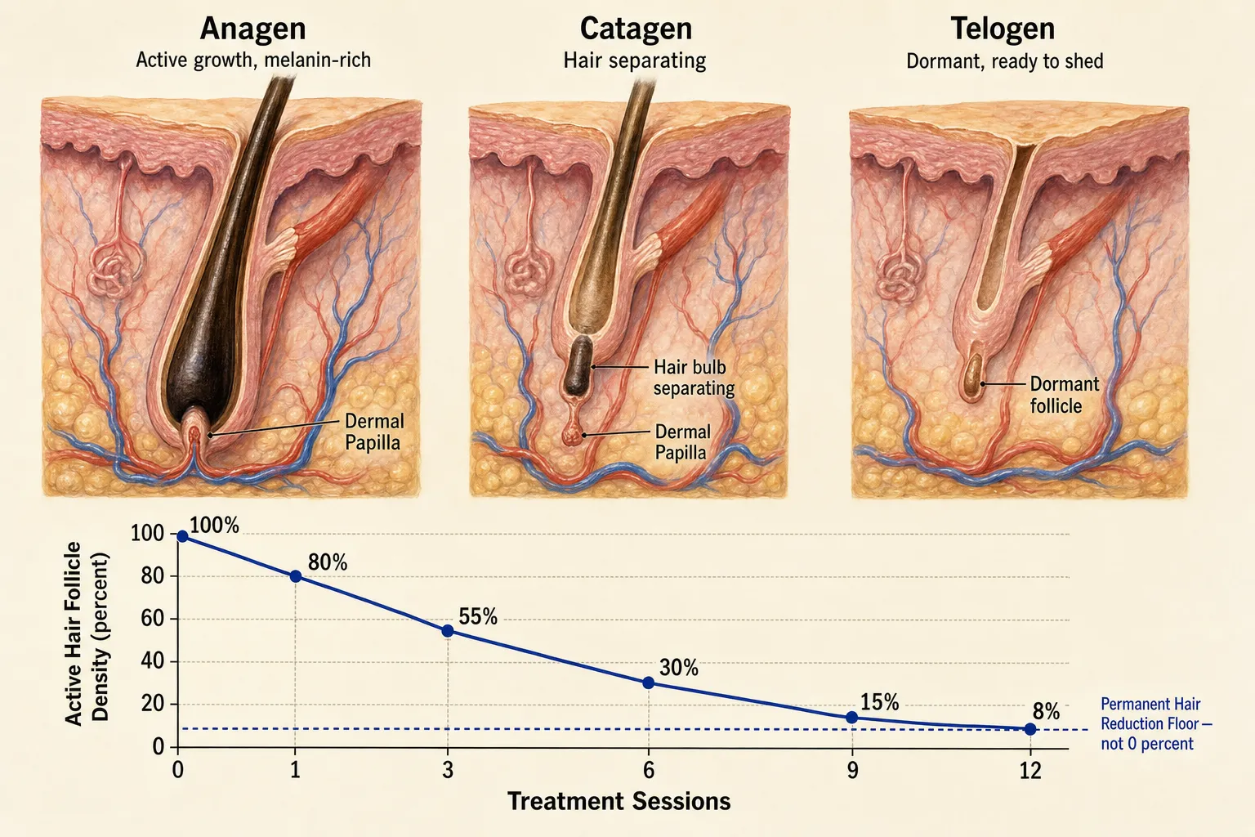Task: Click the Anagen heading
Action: [x=252, y=28]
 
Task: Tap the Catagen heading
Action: [x=636, y=28]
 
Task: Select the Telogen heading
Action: [x=1003, y=28]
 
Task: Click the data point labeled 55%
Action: [x=448, y=631]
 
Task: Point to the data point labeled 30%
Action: [x=648, y=683]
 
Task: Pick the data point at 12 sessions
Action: [x=1029, y=729]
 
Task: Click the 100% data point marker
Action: [x=182, y=536]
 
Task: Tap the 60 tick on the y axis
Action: [x=152, y=619]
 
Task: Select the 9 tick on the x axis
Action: [x=852, y=771]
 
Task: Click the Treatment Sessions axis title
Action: [x=619, y=801]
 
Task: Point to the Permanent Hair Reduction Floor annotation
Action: [x=1156, y=723]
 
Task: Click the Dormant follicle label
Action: [x=1064, y=395]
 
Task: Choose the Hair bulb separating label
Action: [x=694, y=378]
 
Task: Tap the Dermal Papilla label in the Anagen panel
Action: [x=373, y=432]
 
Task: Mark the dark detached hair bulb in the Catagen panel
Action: [x=578, y=365]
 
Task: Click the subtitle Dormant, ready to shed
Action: [x=1004, y=61]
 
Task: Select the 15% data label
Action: [x=879, y=701]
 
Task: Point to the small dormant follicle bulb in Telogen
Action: [x=974, y=377]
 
